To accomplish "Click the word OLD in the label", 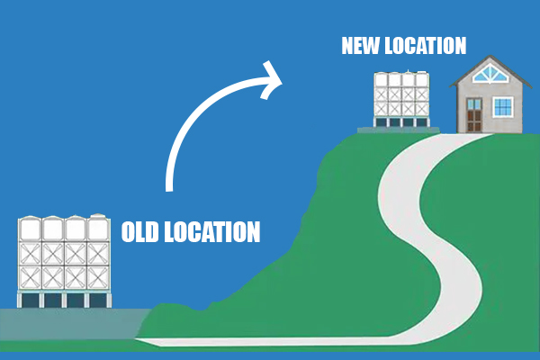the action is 140,232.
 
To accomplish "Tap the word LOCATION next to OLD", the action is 212,232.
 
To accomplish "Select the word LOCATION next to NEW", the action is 426,46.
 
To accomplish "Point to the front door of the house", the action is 474,114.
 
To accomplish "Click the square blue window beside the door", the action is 503,107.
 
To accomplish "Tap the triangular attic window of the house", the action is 489,75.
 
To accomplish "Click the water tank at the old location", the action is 64,261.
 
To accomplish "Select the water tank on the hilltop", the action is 401,99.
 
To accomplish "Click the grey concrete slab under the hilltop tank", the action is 399,130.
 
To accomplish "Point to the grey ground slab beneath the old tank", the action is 74,324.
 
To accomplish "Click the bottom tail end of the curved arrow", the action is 169,189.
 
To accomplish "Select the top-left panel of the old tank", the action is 30,229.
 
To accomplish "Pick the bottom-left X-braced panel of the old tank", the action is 30,278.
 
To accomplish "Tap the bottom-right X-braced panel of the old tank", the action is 98,278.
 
